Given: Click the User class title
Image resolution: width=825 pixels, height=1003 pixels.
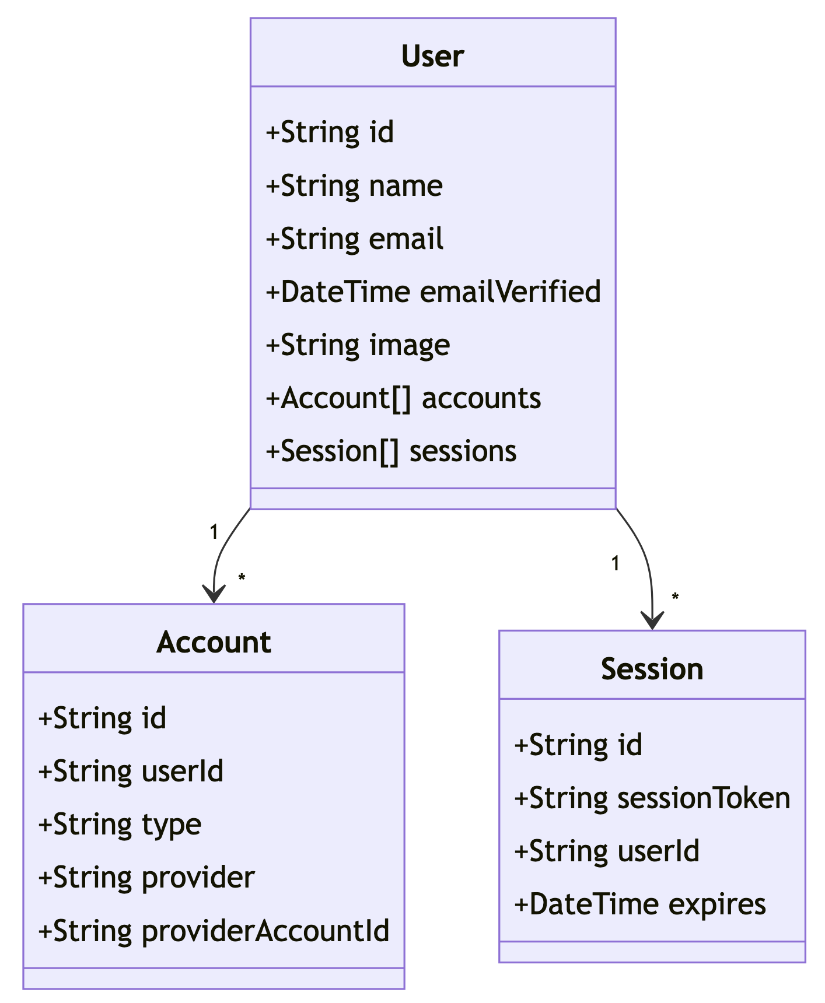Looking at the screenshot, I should click(432, 57).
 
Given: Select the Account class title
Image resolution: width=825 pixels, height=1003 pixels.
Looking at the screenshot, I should click(214, 643).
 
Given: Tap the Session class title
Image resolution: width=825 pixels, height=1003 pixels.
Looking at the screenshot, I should click(652, 669).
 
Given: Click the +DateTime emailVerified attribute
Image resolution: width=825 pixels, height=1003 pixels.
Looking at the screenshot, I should click(433, 292).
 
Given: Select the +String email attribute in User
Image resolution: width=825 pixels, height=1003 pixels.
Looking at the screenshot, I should click(354, 239).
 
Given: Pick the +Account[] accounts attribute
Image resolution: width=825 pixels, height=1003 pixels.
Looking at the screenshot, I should click(403, 398).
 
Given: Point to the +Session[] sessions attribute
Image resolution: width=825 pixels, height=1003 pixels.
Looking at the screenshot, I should click(391, 451).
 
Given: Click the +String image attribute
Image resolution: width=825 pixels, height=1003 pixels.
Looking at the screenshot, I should click(358, 345).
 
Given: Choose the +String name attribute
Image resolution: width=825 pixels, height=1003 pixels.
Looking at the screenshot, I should click(354, 186).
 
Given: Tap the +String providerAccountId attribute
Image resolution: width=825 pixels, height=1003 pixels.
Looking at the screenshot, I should click(214, 931).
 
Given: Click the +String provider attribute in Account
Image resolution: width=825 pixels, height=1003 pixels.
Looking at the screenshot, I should click(146, 877).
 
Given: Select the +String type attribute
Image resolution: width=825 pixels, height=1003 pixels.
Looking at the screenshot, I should click(120, 825).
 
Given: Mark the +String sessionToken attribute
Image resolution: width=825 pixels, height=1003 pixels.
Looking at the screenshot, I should click(652, 798).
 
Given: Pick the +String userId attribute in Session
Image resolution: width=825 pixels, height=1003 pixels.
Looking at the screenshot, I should click(606, 851).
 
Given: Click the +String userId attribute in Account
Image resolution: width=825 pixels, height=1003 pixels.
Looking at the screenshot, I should click(131, 771).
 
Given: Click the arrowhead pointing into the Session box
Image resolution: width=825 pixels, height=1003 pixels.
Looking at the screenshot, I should click(652, 622).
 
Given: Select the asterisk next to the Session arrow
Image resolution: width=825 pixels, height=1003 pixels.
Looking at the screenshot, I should click(675, 597).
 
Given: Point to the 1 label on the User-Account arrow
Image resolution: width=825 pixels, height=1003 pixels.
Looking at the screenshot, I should click(214, 532).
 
